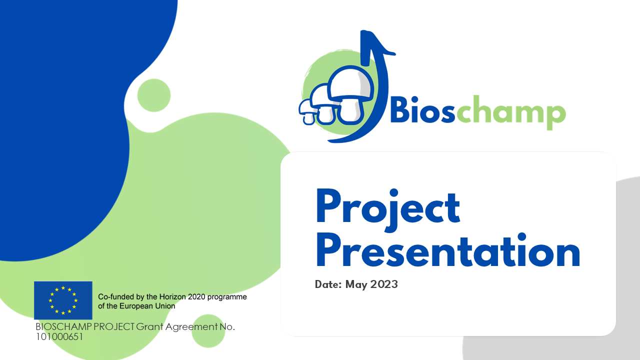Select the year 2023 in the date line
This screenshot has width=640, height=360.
384,284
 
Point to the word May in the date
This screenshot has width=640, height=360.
356,285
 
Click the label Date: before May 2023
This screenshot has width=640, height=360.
328,284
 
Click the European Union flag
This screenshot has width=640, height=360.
63,300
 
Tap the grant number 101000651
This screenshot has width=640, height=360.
59,337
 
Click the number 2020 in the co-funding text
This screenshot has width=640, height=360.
196,297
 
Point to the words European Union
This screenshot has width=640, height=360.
147,306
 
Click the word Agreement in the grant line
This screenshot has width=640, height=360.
191,326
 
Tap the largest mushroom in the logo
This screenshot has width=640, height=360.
351,94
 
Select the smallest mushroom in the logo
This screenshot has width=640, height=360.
307,112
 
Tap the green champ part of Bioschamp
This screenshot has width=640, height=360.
511,112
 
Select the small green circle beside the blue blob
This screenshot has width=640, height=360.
154,95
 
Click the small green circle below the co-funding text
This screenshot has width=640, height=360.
208,331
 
